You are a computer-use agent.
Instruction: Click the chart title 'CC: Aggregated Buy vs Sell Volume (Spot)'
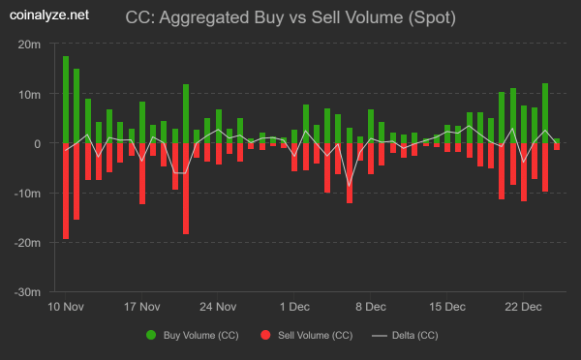click(290, 17)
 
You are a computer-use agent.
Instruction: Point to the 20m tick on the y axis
click(29, 45)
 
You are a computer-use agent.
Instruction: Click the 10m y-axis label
click(29, 94)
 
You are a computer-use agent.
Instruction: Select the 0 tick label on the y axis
click(37, 143)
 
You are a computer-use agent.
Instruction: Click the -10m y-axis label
click(27, 193)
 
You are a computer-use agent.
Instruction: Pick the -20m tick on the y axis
click(27, 242)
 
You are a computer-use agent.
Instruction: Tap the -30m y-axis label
click(27, 291)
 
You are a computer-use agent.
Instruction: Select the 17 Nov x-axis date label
click(142, 307)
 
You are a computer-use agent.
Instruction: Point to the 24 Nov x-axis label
click(218, 307)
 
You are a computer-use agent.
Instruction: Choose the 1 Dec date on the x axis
click(294, 307)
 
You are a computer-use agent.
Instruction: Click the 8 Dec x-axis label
click(370, 307)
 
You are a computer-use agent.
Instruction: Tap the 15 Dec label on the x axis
click(446, 307)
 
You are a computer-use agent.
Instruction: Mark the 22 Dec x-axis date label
click(523, 307)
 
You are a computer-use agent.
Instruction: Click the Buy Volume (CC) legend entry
click(192, 336)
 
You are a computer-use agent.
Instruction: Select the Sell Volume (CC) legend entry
click(306, 336)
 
